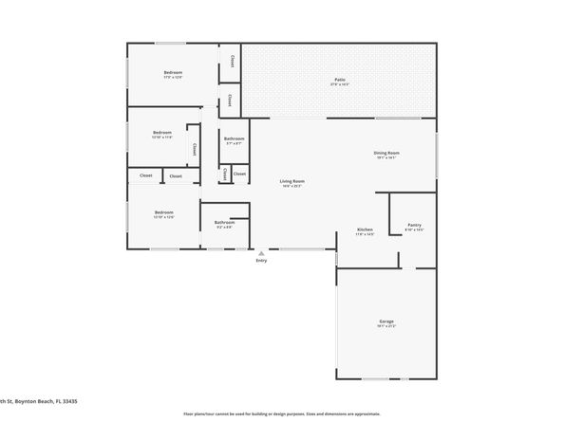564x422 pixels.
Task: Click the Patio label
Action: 339,79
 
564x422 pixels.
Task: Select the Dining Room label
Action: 385,153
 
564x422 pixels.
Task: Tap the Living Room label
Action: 291,180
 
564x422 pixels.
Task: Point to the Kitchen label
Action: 364,230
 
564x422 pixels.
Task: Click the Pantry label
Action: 414,225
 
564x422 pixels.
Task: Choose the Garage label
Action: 386,321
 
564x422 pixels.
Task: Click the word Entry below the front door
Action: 261,262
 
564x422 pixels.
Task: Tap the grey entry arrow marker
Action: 261,253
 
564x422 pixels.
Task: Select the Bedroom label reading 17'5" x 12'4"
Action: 173,72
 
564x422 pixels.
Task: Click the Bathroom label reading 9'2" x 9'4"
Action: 224,222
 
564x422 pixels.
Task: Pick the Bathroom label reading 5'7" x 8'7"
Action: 234,139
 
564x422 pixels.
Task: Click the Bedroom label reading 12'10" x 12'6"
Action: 163,211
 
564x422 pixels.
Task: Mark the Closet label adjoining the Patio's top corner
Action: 232,61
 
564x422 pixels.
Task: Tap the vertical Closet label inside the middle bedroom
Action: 195,149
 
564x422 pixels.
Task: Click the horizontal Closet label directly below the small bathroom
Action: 239,174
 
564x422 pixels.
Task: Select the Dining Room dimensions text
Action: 385,157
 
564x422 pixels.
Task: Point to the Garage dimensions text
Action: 386,326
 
